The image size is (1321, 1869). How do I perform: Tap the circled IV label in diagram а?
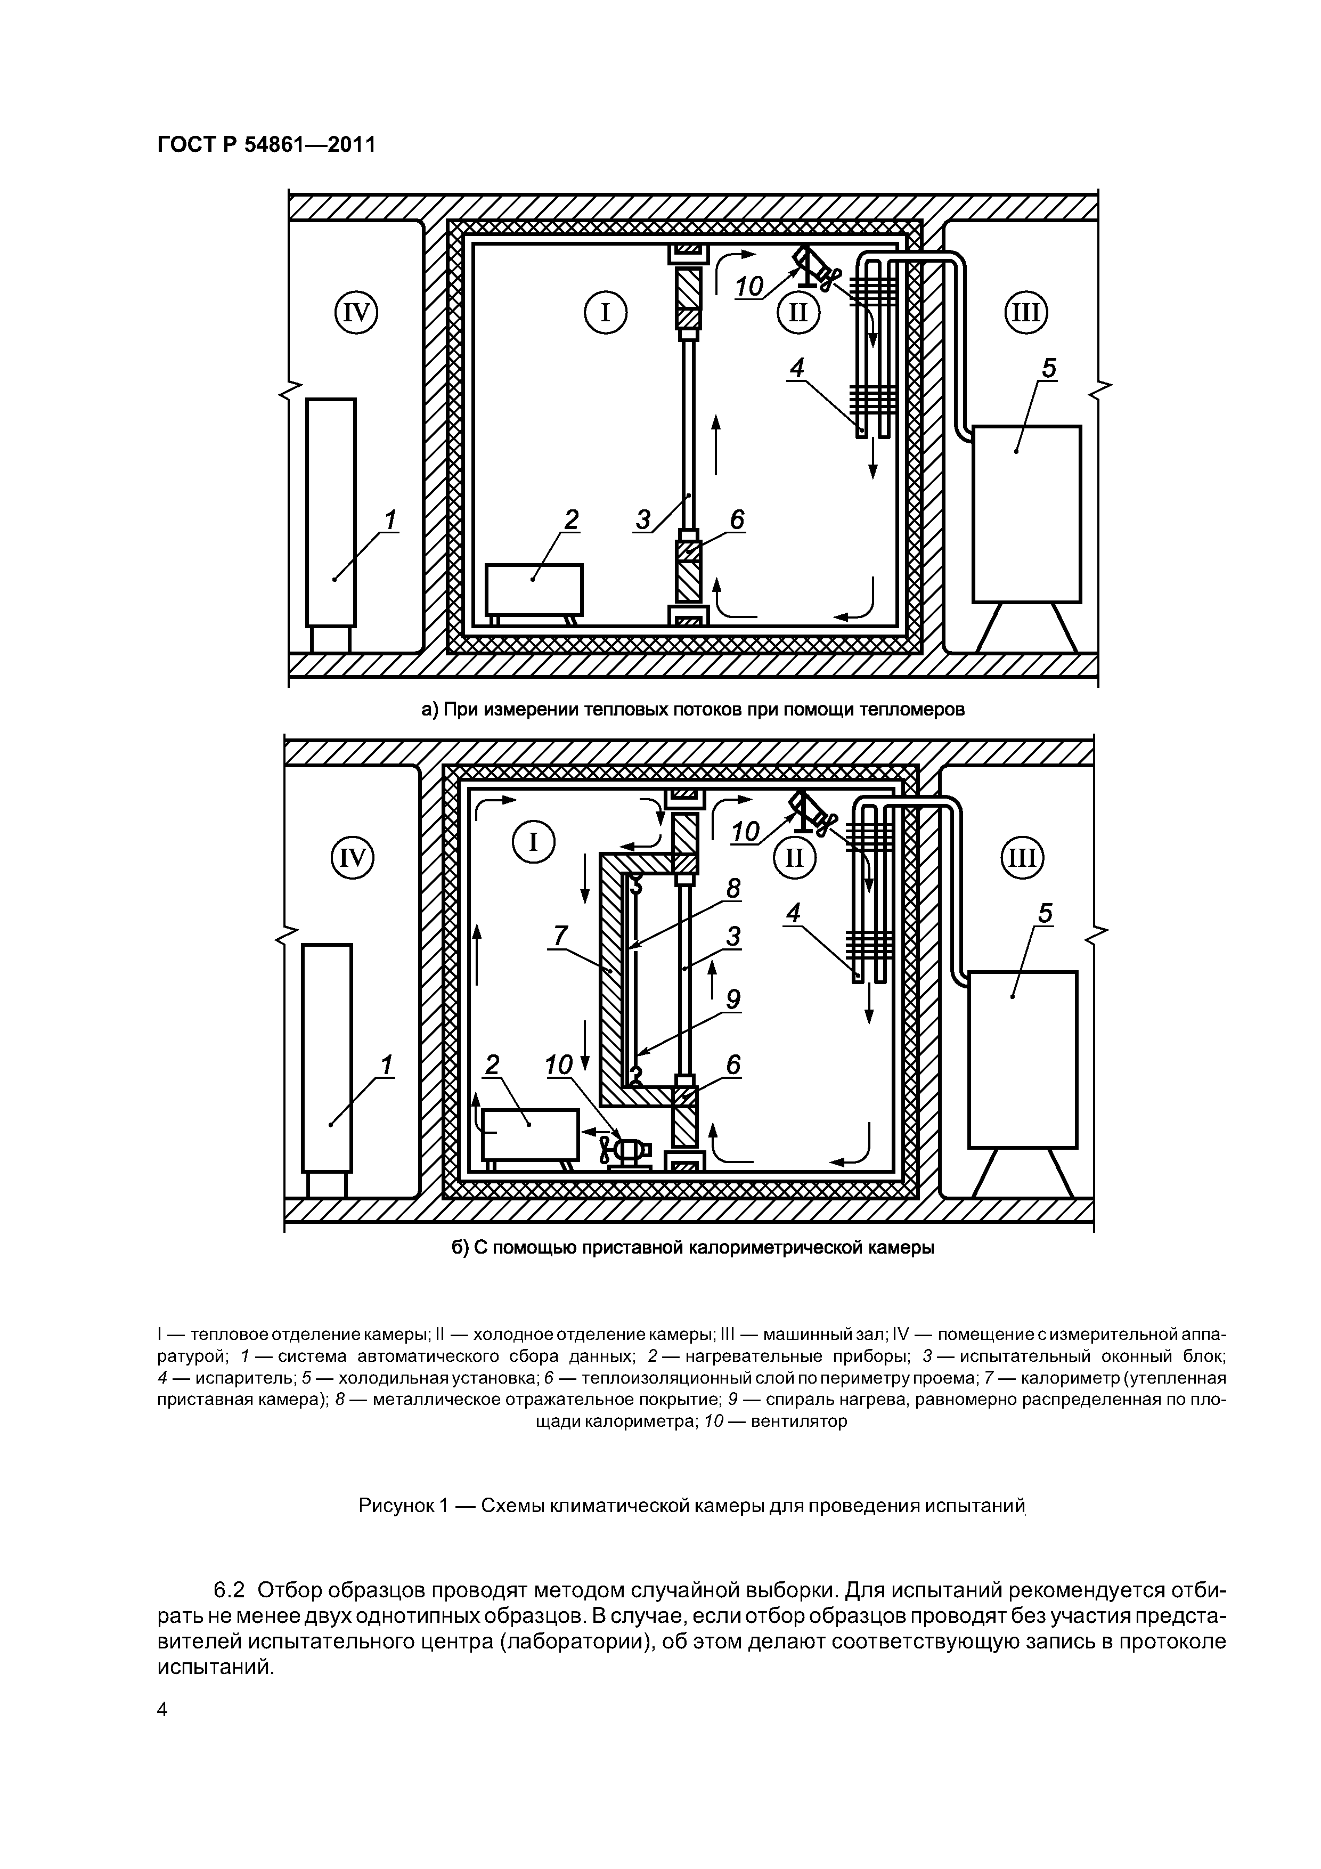(356, 313)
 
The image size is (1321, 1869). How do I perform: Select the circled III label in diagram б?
(1022, 858)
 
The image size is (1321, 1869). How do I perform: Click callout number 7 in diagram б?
(559, 937)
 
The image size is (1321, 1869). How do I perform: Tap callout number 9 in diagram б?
(733, 999)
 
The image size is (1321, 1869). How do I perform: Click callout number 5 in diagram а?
(1049, 369)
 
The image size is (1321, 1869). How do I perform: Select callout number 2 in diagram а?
(572, 519)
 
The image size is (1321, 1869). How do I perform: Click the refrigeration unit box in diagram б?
(1022, 1058)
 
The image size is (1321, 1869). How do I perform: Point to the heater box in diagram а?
(534, 589)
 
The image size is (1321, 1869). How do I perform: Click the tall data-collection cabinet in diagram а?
(331, 511)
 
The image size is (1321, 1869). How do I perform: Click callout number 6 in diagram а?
(737, 519)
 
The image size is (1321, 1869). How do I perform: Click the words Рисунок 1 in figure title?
(403, 1506)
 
